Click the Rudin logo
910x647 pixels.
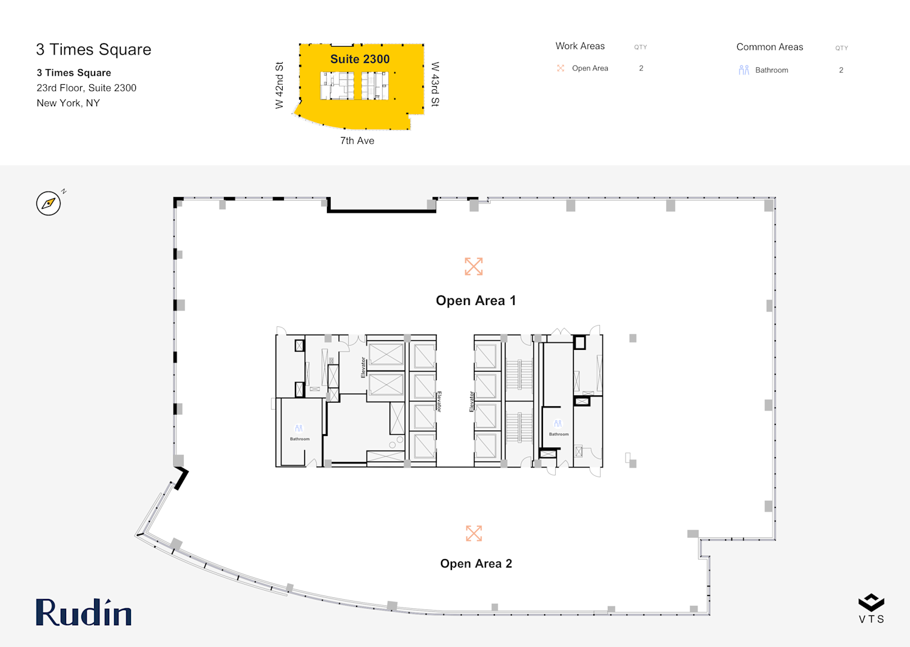point(84,612)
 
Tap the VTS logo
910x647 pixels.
point(871,608)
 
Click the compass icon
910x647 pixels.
point(49,203)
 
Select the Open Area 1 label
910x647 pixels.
point(476,301)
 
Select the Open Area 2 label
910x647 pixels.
point(476,563)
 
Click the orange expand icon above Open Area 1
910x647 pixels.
point(474,266)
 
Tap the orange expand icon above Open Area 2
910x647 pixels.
point(474,533)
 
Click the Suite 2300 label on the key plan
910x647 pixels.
point(360,59)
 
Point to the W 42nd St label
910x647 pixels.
point(279,85)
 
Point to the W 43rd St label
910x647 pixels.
point(435,84)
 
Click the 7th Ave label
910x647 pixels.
point(357,141)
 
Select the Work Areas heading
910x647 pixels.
point(580,46)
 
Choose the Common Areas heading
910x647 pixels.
point(769,47)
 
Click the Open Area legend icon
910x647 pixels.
point(561,69)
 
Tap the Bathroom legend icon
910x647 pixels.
point(744,70)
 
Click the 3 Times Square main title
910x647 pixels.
point(93,49)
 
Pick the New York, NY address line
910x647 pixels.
point(68,103)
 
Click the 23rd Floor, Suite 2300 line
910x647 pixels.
point(87,88)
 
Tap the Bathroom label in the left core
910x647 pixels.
point(300,439)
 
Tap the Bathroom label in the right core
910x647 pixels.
point(559,434)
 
